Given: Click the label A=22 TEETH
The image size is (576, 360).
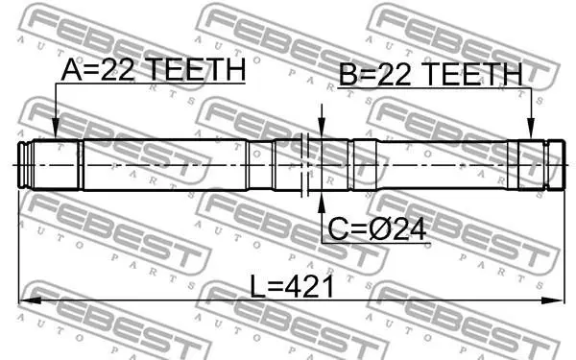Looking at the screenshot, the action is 154,70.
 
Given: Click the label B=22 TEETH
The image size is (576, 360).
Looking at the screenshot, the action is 430,74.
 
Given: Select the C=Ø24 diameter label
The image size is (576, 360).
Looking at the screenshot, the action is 377,229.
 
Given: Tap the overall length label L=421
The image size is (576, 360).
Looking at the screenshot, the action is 292,287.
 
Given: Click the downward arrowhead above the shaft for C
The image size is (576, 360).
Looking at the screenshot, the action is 322,129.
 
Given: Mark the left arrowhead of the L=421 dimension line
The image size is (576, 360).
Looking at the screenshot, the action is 30,300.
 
